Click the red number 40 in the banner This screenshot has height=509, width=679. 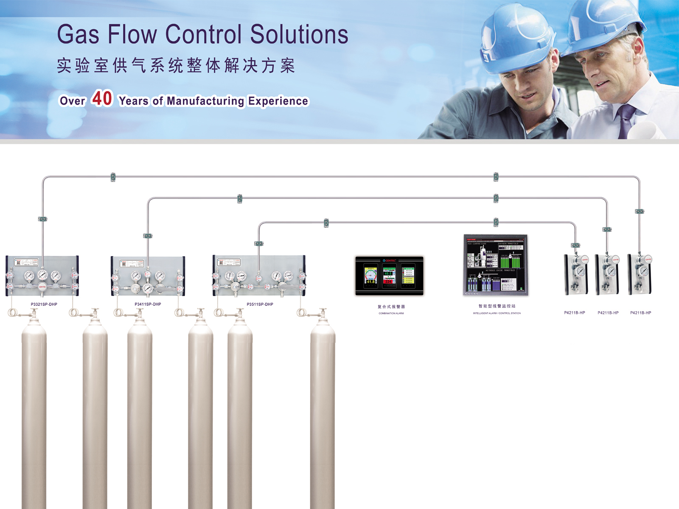point(102,98)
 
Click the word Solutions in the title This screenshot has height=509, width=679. point(299,34)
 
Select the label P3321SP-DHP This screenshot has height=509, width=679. point(44,304)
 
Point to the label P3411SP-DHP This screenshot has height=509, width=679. point(148,304)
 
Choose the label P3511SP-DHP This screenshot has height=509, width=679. point(260,304)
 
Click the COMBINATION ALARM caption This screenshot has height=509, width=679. point(391,313)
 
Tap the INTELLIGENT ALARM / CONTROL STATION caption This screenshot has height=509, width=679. point(497,313)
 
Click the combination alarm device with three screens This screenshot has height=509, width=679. point(389,276)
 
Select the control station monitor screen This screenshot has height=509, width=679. point(495,264)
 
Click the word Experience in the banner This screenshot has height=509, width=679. point(278,101)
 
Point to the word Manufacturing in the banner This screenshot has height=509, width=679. point(205,101)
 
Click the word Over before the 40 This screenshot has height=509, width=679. point(73,101)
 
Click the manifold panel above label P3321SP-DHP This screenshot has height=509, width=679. point(42,276)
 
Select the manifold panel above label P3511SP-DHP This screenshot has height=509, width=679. point(259,276)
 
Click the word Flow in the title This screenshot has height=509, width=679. point(132,34)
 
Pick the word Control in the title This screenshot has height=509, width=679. point(203,34)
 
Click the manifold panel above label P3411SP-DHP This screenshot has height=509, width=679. point(148,276)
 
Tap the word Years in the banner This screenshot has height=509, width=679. point(134,101)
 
